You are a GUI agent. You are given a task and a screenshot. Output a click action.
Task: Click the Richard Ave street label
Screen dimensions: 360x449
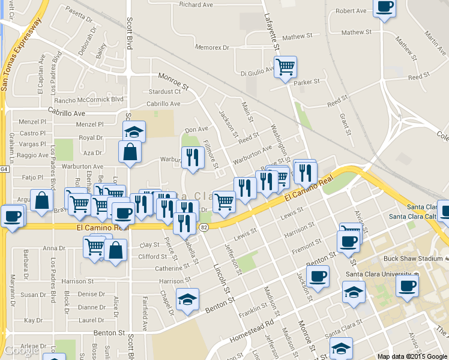click(x=196, y=5)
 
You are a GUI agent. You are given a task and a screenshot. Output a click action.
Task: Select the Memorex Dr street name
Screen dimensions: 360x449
click(x=208, y=47)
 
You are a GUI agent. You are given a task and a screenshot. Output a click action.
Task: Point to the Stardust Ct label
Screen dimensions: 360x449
click(x=164, y=92)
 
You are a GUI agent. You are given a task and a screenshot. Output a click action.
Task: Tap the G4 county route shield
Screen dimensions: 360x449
click(x=3, y=169)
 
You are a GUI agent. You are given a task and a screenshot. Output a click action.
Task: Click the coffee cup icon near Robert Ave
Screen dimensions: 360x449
click(x=385, y=7)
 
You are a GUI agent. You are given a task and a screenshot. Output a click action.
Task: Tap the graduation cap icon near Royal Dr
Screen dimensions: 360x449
click(x=134, y=130)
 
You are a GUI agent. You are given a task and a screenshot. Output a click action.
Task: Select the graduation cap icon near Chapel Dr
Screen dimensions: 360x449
click(x=187, y=299)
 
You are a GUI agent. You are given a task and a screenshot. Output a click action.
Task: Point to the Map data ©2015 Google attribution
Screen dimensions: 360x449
click(x=412, y=356)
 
